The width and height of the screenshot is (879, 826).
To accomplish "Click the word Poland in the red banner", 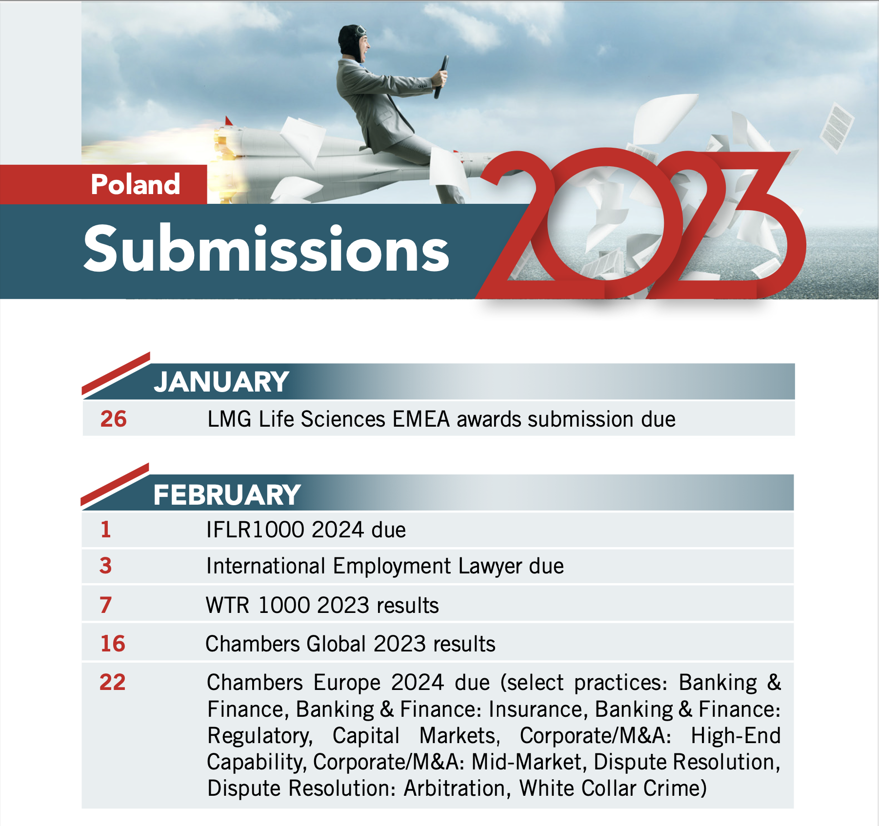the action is [136, 184].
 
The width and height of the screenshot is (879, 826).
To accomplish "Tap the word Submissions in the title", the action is [266, 248].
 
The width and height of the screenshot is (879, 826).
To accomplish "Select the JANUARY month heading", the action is [221, 382].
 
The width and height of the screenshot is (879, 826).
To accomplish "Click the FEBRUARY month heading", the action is [227, 495].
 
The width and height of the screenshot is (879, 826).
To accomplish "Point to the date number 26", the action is [114, 419].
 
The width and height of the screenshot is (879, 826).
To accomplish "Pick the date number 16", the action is [113, 644].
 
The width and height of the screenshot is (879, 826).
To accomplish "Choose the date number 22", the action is [113, 682].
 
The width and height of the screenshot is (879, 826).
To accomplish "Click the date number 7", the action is [106, 605].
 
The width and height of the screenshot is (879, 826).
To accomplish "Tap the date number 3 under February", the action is [106, 566].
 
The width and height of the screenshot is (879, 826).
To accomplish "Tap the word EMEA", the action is [421, 419].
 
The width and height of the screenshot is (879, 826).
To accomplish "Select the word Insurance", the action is [536, 709].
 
